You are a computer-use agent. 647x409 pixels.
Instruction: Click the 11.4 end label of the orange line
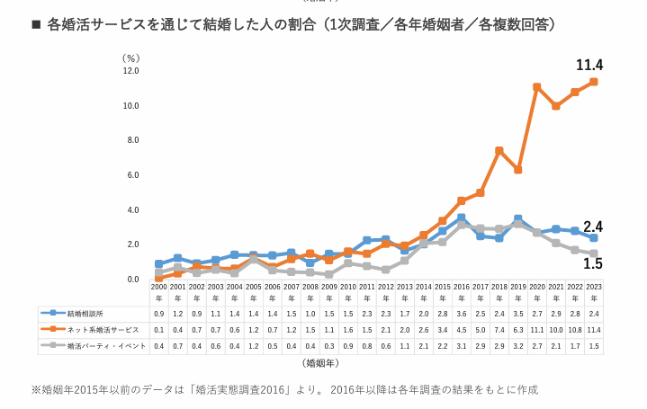point(589,65)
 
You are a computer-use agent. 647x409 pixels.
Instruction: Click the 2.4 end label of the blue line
point(593,227)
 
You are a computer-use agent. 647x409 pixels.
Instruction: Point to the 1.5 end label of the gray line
point(593,263)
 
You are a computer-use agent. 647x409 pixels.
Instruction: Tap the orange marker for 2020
point(536,87)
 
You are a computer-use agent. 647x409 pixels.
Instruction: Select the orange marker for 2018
point(499,151)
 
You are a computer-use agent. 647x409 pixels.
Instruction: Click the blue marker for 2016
point(461,218)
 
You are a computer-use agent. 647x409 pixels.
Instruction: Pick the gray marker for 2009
point(329,274)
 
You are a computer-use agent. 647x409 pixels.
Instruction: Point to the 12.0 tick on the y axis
point(130,71)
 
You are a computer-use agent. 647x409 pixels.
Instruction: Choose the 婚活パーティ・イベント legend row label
point(104,345)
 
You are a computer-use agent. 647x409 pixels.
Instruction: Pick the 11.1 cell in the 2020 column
point(536,329)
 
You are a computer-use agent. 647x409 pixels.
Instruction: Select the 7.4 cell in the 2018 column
point(499,329)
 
